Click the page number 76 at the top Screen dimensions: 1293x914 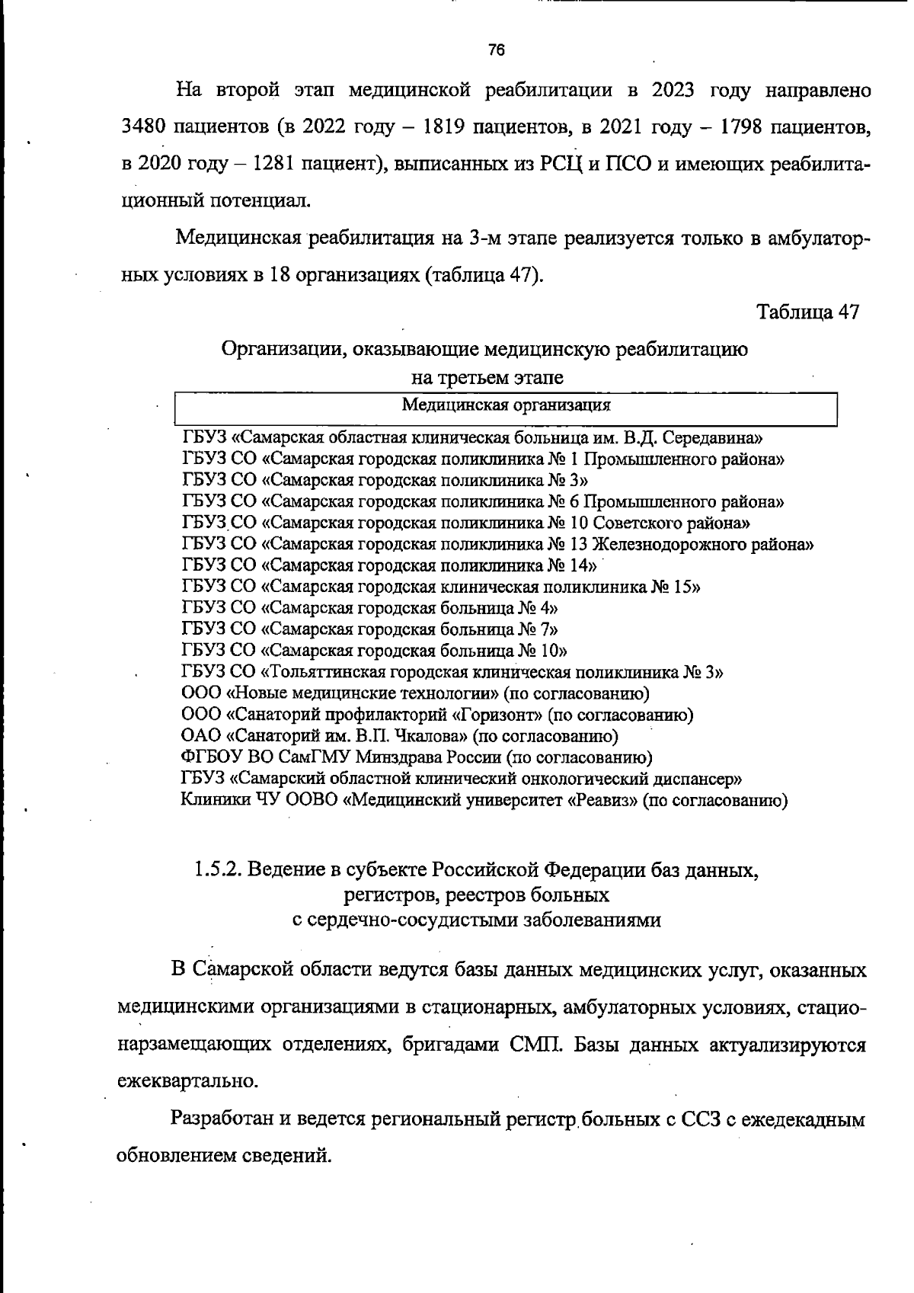coord(497,51)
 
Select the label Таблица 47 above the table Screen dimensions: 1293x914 coord(807,312)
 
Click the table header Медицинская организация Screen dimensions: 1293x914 coord(506,405)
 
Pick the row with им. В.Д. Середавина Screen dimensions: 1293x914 coord(472,438)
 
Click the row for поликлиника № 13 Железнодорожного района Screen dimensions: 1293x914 coord(497,545)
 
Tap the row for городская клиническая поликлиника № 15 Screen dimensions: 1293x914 coord(441,587)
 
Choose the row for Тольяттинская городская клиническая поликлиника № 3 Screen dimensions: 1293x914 coord(452,673)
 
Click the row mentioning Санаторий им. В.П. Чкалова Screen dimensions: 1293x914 coord(399,737)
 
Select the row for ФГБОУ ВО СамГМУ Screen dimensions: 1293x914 coord(417,758)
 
